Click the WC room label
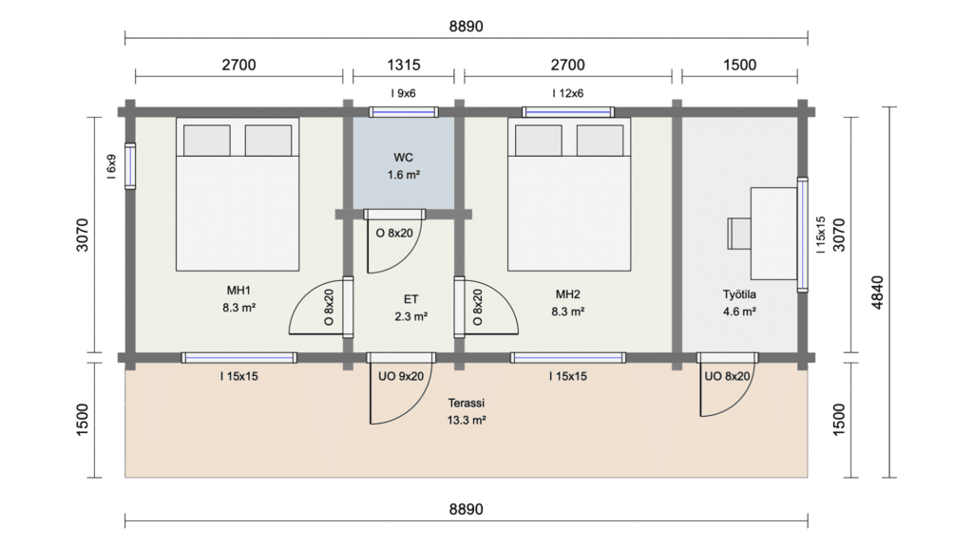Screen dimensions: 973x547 tap(403, 158)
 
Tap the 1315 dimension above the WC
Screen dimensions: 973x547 tap(403, 65)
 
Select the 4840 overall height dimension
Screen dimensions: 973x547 tap(877, 292)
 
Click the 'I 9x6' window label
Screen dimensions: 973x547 tap(403, 93)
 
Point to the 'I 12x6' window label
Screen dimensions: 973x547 tap(568, 93)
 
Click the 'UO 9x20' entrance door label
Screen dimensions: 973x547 tap(401, 376)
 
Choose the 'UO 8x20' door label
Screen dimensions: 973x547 tap(727, 376)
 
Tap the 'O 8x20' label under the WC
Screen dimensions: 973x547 tap(394, 234)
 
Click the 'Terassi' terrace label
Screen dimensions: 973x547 tap(466, 403)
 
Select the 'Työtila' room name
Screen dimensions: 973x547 tap(739, 294)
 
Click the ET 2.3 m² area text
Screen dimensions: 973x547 tap(410, 316)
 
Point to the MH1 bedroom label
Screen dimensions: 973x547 tap(238, 291)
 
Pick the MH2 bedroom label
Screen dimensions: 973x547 tap(568, 294)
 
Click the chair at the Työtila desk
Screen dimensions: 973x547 tap(739, 234)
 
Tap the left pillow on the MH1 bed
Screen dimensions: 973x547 tap(206, 141)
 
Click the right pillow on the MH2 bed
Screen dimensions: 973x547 tap(601, 141)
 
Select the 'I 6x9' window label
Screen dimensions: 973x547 tap(111, 166)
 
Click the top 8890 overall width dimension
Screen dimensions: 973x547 tap(466, 26)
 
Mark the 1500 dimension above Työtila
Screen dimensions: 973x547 tap(739, 65)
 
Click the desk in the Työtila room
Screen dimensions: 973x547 tap(773, 234)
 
